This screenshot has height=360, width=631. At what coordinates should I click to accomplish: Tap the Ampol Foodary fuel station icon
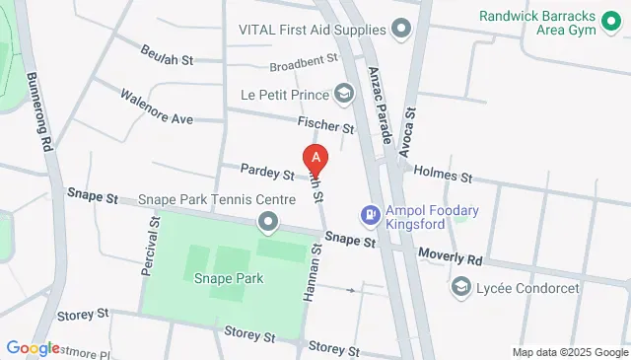coord(370,213)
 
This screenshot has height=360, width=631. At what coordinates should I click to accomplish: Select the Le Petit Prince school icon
coord(344,95)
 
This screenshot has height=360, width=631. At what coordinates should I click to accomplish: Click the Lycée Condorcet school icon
coord(459,287)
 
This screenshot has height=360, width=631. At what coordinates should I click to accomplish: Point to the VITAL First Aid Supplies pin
coord(401,30)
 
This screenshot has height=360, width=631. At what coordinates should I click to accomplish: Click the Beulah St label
coord(167,55)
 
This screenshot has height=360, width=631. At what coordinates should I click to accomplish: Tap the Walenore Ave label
coord(156,108)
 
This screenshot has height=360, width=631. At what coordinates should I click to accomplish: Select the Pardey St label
coord(267,176)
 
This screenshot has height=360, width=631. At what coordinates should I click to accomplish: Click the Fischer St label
coord(325,126)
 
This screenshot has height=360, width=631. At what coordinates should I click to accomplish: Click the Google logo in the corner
coord(33,348)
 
